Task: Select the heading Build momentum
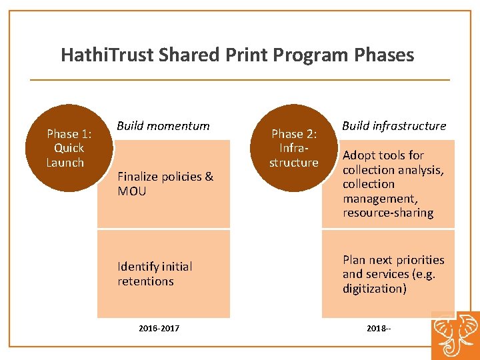pyautogui.click(x=163, y=126)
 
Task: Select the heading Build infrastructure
pyautogui.click(x=394, y=126)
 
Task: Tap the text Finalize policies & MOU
pyautogui.click(x=165, y=184)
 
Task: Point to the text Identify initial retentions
pyautogui.click(x=155, y=274)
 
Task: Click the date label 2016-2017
pyautogui.click(x=159, y=329)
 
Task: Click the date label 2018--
pyautogui.click(x=379, y=329)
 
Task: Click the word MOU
pyautogui.click(x=131, y=191)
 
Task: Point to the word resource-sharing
pyautogui.click(x=388, y=213)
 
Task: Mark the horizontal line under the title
pyautogui.click(x=240, y=80)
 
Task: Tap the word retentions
pyautogui.click(x=145, y=281)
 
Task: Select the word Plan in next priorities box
pyautogui.click(x=354, y=260)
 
